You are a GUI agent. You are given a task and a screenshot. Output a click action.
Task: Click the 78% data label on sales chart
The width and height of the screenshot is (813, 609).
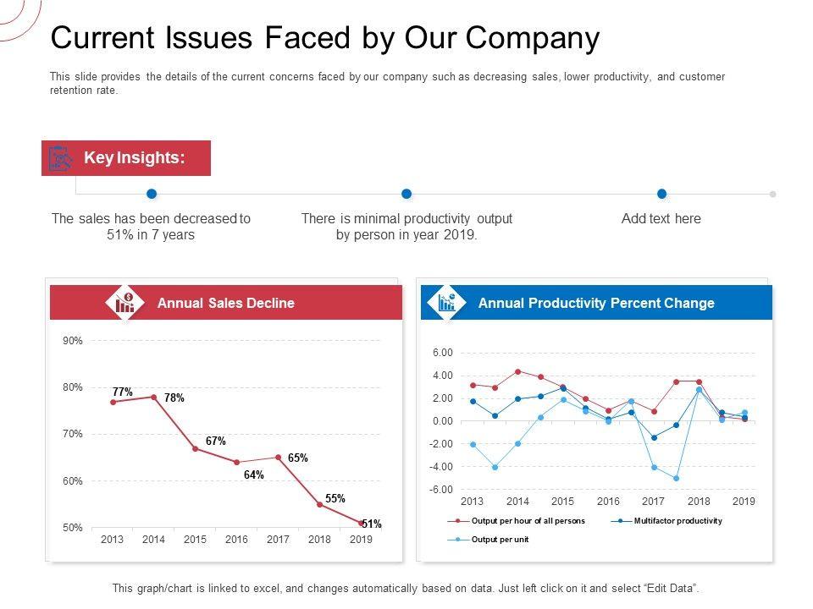pyautogui.click(x=174, y=398)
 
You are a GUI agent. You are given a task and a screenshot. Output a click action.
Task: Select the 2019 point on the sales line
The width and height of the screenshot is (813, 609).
pyautogui.click(x=361, y=524)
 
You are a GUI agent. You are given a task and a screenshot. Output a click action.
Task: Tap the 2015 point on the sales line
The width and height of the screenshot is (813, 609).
pyautogui.click(x=195, y=448)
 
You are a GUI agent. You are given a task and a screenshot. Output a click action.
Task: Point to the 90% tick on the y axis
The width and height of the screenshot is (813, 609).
pyautogui.click(x=73, y=341)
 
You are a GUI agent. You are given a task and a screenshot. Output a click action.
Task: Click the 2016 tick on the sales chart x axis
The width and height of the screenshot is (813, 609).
pyautogui.click(x=236, y=540)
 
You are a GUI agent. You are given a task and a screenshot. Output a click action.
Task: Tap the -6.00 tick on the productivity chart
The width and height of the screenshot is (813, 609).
pyautogui.click(x=442, y=490)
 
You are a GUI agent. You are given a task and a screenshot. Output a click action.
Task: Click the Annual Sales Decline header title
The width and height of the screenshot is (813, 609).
pyautogui.click(x=226, y=303)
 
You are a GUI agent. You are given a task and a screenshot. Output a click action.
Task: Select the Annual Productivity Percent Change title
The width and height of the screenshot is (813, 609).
pyautogui.click(x=596, y=303)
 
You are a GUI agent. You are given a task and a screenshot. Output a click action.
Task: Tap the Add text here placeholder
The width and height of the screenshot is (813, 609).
pyautogui.click(x=661, y=218)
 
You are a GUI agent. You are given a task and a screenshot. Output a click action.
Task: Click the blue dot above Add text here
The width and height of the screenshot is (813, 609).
pyautogui.click(x=661, y=194)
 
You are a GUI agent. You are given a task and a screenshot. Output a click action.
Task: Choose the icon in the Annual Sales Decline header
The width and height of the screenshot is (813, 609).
pyautogui.click(x=124, y=302)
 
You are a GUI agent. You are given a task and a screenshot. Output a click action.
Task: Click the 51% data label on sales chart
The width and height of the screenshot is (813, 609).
pyautogui.click(x=372, y=524)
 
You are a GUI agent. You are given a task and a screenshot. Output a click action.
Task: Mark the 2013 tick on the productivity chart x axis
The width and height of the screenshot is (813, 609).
pyautogui.click(x=472, y=502)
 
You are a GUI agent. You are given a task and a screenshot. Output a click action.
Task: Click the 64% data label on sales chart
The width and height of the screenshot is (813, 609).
pyautogui.click(x=254, y=475)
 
